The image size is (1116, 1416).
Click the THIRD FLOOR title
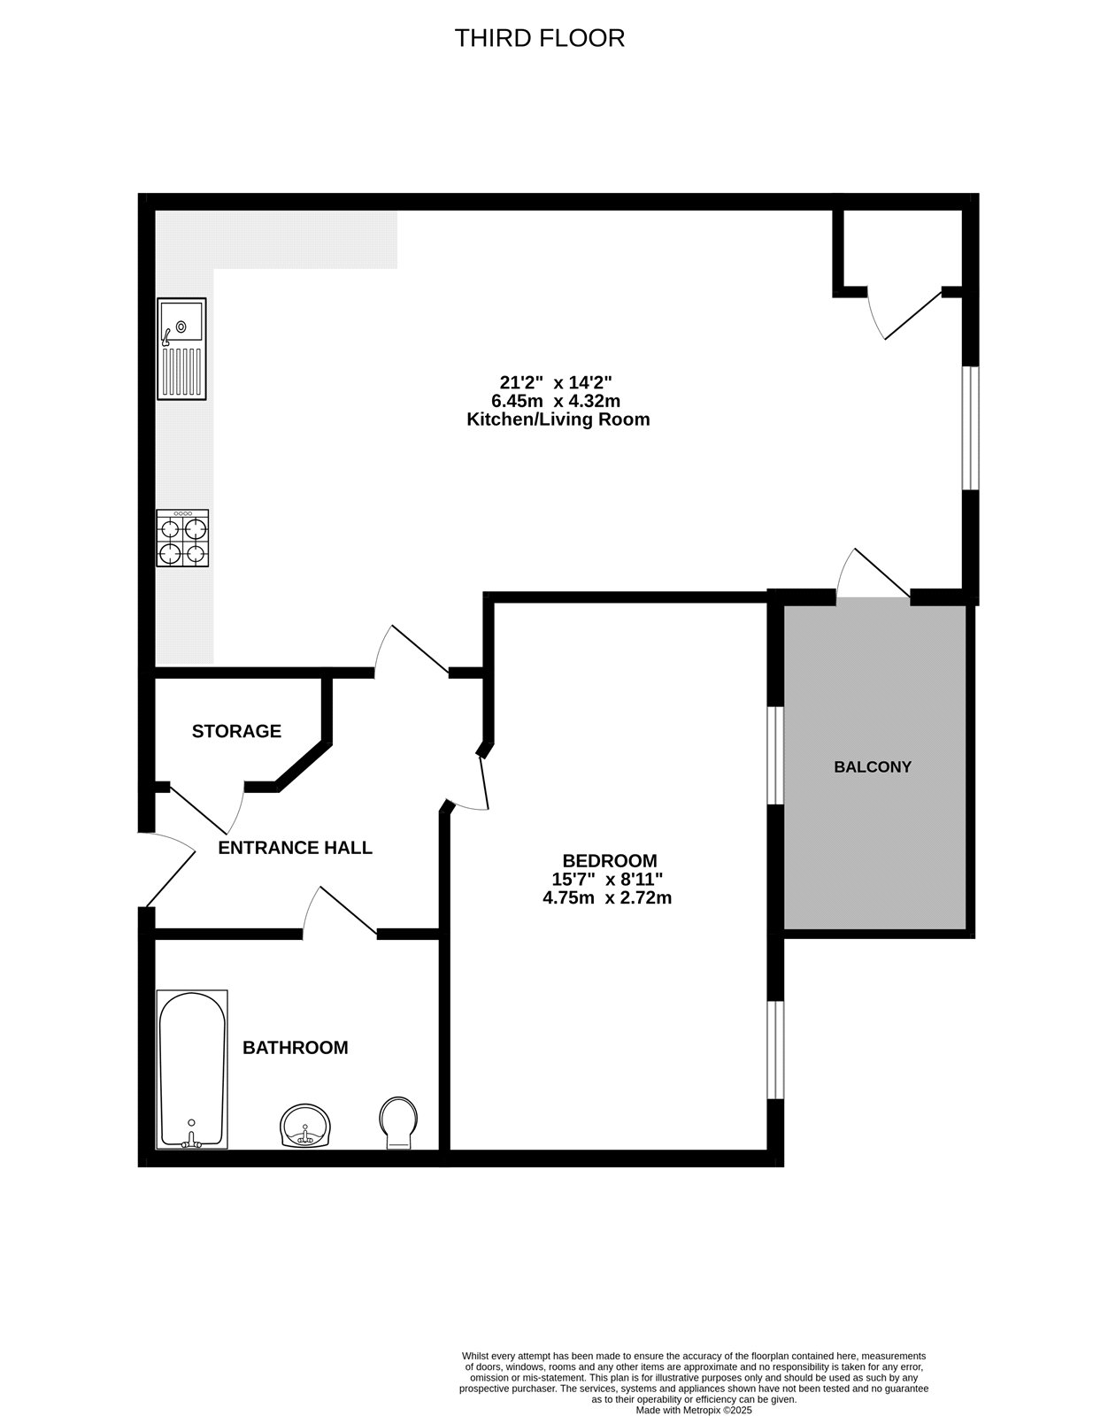click(x=539, y=38)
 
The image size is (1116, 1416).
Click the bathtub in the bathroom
click(x=192, y=1069)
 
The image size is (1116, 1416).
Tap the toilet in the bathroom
click(x=399, y=1123)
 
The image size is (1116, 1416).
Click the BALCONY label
click(x=872, y=767)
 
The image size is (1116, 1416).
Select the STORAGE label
click(x=236, y=731)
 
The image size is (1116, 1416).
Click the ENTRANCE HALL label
click(x=295, y=848)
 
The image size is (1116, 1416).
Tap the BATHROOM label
click(x=296, y=1048)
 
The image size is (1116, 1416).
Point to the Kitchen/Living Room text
click(x=558, y=419)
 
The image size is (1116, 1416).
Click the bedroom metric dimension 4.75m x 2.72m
click(x=607, y=897)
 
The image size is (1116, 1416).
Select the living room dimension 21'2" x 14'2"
click(x=557, y=382)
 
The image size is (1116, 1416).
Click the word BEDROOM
click(x=610, y=860)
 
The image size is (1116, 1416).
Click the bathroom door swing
click(x=341, y=912)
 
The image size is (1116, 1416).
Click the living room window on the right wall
click(x=971, y=427)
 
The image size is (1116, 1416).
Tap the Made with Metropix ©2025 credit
click(x=694, y=1410)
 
